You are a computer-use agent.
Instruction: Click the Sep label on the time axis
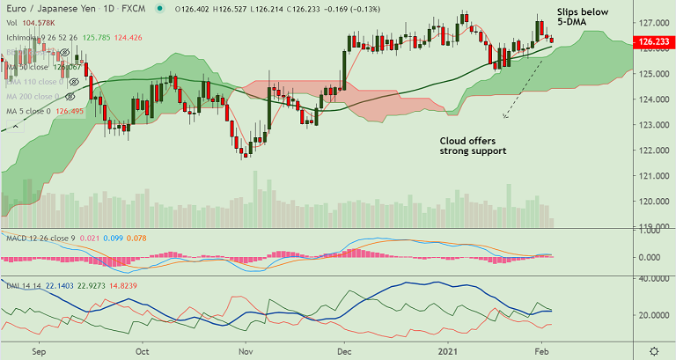point(37,349)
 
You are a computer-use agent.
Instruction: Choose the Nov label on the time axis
point(246,349)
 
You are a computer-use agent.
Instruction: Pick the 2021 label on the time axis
point(451,349)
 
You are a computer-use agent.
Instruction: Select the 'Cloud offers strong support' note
point(474,146)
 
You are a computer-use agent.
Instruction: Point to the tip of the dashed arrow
point(504,117)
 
